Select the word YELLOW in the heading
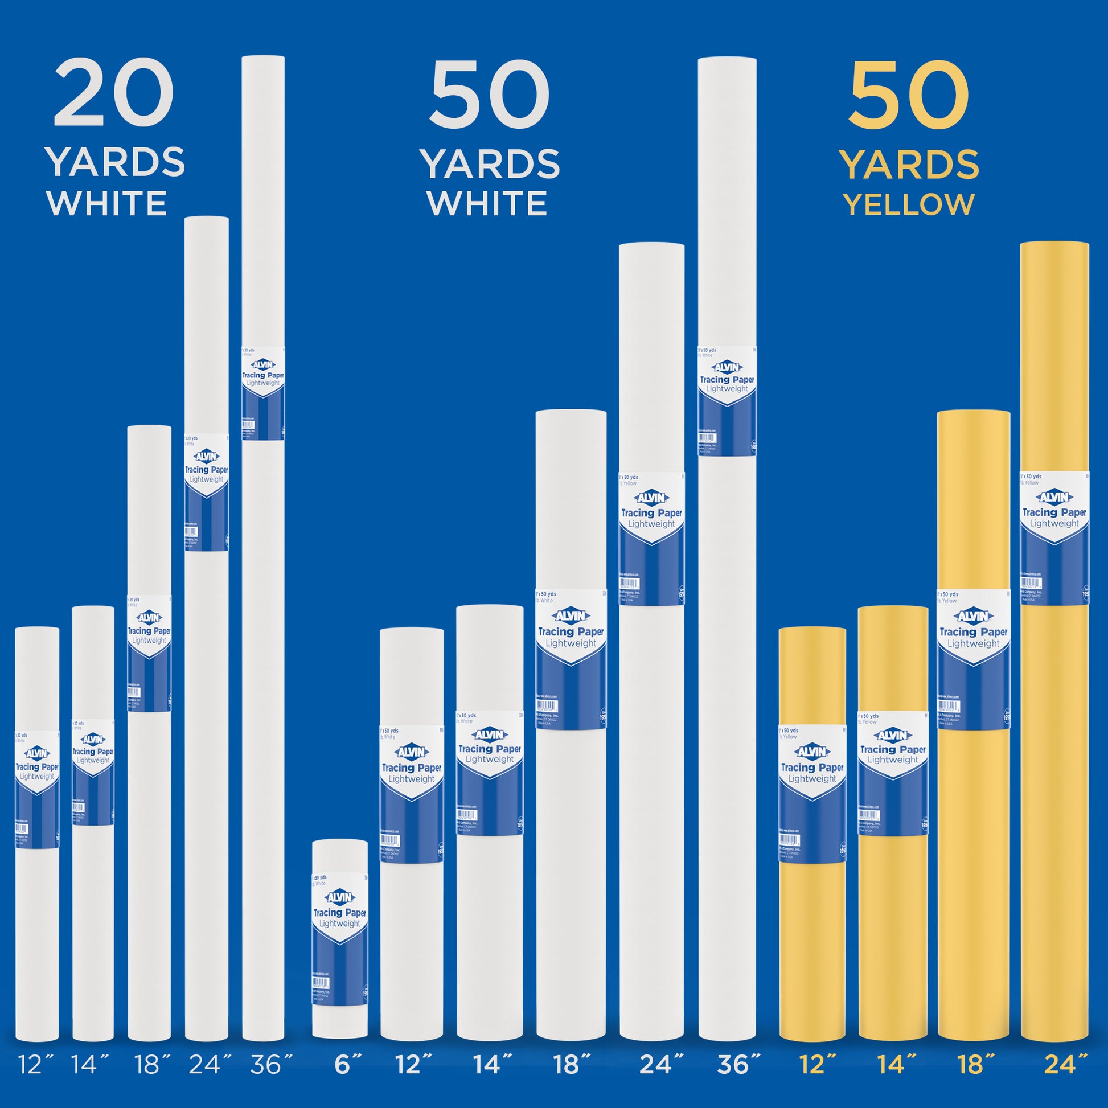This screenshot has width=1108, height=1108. pyautogui.click(x=909, y=205)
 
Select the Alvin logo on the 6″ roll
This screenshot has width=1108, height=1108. pyautogui.click(x=339, y=897)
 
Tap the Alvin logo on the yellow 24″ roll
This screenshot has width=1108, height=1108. pyautogui.click(x=1054, y=497)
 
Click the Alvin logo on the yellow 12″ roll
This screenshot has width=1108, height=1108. pyautogui.click(x=812, y=752)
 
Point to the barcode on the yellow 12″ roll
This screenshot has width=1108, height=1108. pyautogui.click(x=789, y=841)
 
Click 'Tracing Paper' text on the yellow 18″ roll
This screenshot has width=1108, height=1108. pyautogui.click(x=973, y=632)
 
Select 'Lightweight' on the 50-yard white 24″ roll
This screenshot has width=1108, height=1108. pyautogui.click(x=651, y=524)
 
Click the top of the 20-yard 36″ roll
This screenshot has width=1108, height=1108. pyautogui.click(x=263, y=58)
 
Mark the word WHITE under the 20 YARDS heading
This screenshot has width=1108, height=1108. pyautogui.click(x=107, y=204)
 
